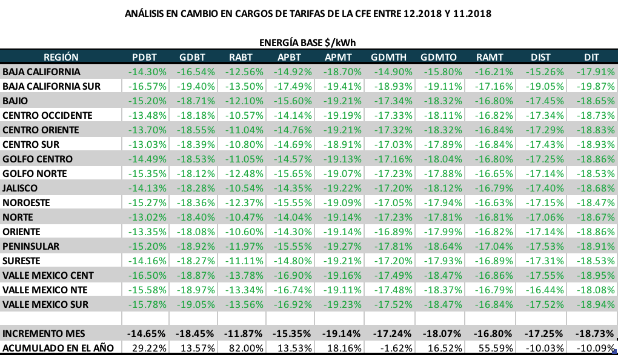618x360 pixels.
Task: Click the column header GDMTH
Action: (x=388, y=58)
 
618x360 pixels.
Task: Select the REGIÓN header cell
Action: (x=61, y=58)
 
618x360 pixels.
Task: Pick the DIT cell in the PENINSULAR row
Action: (x=594, y=247)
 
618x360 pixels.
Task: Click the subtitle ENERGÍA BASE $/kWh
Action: (x=307, y=43)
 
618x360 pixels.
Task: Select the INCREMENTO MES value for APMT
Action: (x=339, y=334)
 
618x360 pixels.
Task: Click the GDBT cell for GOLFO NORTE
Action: (x=194, y=174)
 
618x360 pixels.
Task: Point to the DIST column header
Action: (x=540, y=58)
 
